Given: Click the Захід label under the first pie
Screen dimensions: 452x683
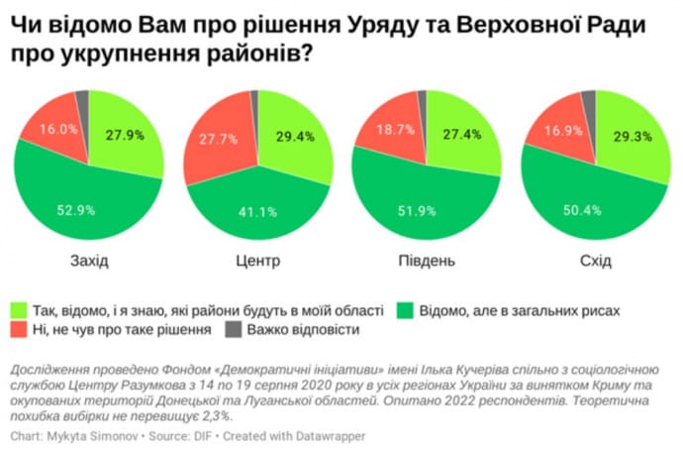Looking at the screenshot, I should [x=90, y=262].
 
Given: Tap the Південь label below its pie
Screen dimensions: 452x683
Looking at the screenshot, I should [x=427, y=262].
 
